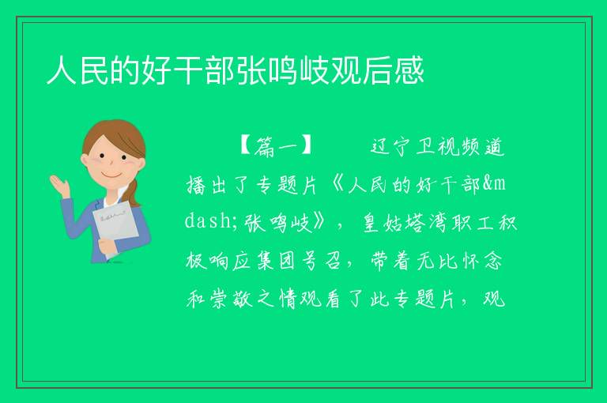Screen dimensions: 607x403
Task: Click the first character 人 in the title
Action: pos(62,70)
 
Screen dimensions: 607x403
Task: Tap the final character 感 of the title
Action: pos(409,70)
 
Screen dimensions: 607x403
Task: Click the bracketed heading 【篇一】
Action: pos(276,146)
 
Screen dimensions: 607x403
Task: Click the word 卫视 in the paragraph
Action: pos(437,146)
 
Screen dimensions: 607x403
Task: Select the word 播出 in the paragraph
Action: pos(206,184)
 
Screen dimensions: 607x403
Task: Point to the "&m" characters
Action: pos(494,184)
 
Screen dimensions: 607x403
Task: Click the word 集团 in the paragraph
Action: pos(276,261)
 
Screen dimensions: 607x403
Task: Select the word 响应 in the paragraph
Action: pos(229,261)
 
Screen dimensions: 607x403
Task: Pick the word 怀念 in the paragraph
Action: pos(483,261)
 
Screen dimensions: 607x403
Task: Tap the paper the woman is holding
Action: pos(115,228)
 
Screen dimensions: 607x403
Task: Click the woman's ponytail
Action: pos(134,193)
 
